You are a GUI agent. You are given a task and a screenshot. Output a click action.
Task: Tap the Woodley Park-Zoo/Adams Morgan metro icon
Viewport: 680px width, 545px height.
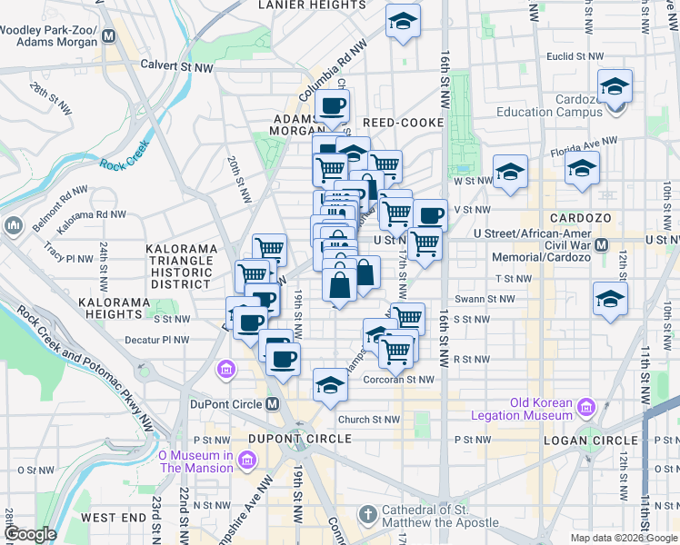tap(109, 36)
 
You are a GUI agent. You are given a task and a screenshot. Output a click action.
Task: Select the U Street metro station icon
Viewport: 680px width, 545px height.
tap(601, 244)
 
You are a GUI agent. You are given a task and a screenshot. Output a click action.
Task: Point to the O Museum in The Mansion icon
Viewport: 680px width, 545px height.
tap(245, 461)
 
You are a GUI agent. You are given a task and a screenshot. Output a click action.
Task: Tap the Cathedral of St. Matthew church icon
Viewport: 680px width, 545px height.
tap(367, 515)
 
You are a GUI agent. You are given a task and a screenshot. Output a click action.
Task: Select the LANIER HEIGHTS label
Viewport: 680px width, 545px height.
tap(312, 5)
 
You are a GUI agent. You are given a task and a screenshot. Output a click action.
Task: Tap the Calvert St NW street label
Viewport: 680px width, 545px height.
tap(176, 66)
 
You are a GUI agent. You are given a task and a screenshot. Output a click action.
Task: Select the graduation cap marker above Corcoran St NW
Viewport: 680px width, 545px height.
tap(330, 385)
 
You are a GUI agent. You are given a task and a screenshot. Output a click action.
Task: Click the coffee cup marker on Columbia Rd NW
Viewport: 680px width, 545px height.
tap(332, 106)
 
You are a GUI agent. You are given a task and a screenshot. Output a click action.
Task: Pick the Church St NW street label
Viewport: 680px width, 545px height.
tap(368, 420)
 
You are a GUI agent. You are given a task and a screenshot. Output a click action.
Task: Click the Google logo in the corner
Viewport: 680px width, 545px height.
tap(29, 535)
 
